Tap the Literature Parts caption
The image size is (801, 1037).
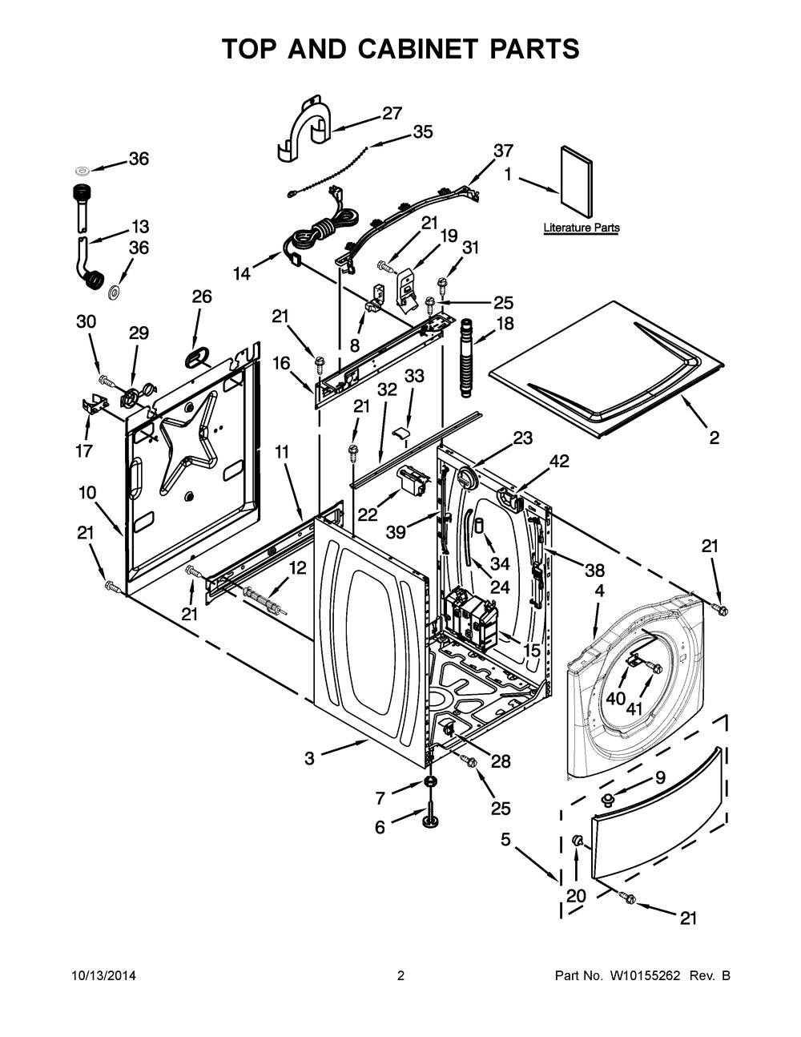(582, 228)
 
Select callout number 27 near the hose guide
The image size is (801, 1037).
(392, 114)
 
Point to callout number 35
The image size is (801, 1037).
(422, 131)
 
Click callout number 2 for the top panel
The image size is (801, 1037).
(714, 438)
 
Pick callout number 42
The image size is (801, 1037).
(560, 461)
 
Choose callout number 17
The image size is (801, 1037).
(84, 450)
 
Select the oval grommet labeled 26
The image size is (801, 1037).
(195, 357)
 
